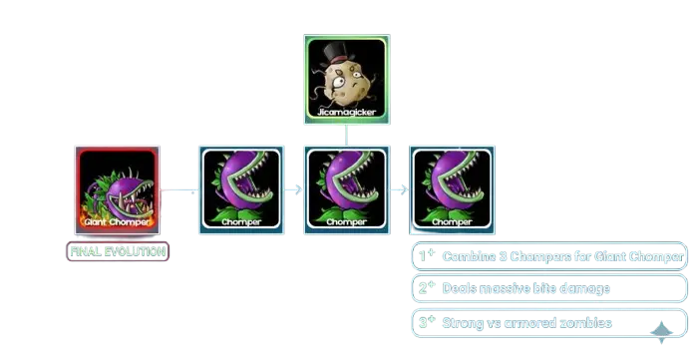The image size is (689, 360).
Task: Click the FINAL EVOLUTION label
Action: pyautogui.click(x=118, y=251)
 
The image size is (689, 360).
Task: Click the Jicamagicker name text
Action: pyautogui.click(x=346, y=113)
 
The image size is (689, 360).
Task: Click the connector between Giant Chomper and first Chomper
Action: pyautogui.click(x=179, y=186)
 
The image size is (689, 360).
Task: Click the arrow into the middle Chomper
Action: pyautogui.click(x=294, y=186)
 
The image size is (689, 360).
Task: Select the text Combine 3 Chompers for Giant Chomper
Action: pyautogui.click(x=563, y=256)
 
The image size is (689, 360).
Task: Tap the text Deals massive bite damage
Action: pyautogui.click(x=526, y=289)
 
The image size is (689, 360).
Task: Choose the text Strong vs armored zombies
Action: pyautogui.click(x=527, y=323)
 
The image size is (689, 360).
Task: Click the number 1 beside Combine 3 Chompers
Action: pyautogui.click(x=424, y=255)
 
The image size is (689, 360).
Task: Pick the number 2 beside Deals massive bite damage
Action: pyautogui.click(x=424, y=288)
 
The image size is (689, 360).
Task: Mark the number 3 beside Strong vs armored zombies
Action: pyautogui.click(x=424, y=322)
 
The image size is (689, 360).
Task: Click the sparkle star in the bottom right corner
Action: pyautogui.click(x=660, y=333)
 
